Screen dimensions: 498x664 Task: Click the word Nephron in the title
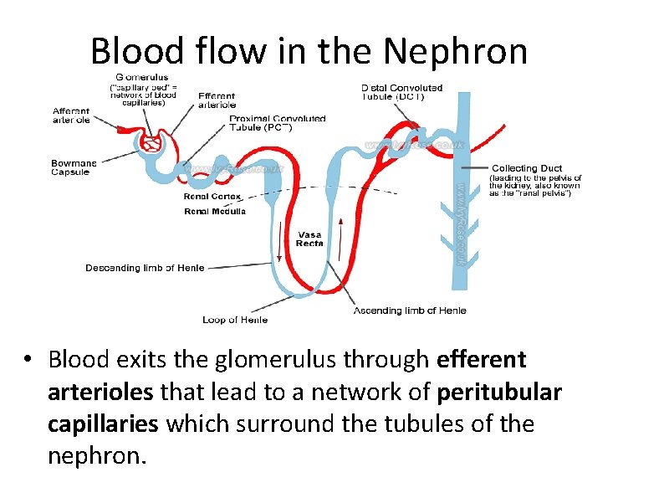pyautogui.click(x=456, y=51)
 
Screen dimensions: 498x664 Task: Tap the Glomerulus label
pyautogui.click(x=140, y=78)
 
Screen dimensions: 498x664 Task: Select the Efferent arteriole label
pyautogui.click(x=217, y=100)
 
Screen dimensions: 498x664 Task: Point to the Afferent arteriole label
pyautogui.click(x=71, y=115)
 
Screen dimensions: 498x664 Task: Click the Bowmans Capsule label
pyautogui.click(x=74, y=167)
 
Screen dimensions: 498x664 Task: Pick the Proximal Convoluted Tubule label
pyautogui.click(x=277, y=123)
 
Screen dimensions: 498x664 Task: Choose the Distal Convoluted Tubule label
pyautogui.click(x=401, y=91)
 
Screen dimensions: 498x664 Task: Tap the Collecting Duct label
pyautogui.click(x=526, y=168)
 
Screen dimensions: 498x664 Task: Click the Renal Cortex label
pyautogui.click(x=212, y=197)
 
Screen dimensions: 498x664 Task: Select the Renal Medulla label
pyautogui.click(x=215, y=211)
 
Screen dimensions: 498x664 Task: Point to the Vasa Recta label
pyautogui.click(x=309, y=239)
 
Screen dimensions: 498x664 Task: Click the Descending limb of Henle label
pyautogui.click(x=145, y=268)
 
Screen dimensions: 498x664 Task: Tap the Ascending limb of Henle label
pyautogui.click(x=410, y=311)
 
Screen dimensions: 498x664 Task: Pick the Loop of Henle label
pyautogui.click(x=234, y=320)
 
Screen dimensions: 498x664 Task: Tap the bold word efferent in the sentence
pyautogui.click(x=482, y=360)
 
